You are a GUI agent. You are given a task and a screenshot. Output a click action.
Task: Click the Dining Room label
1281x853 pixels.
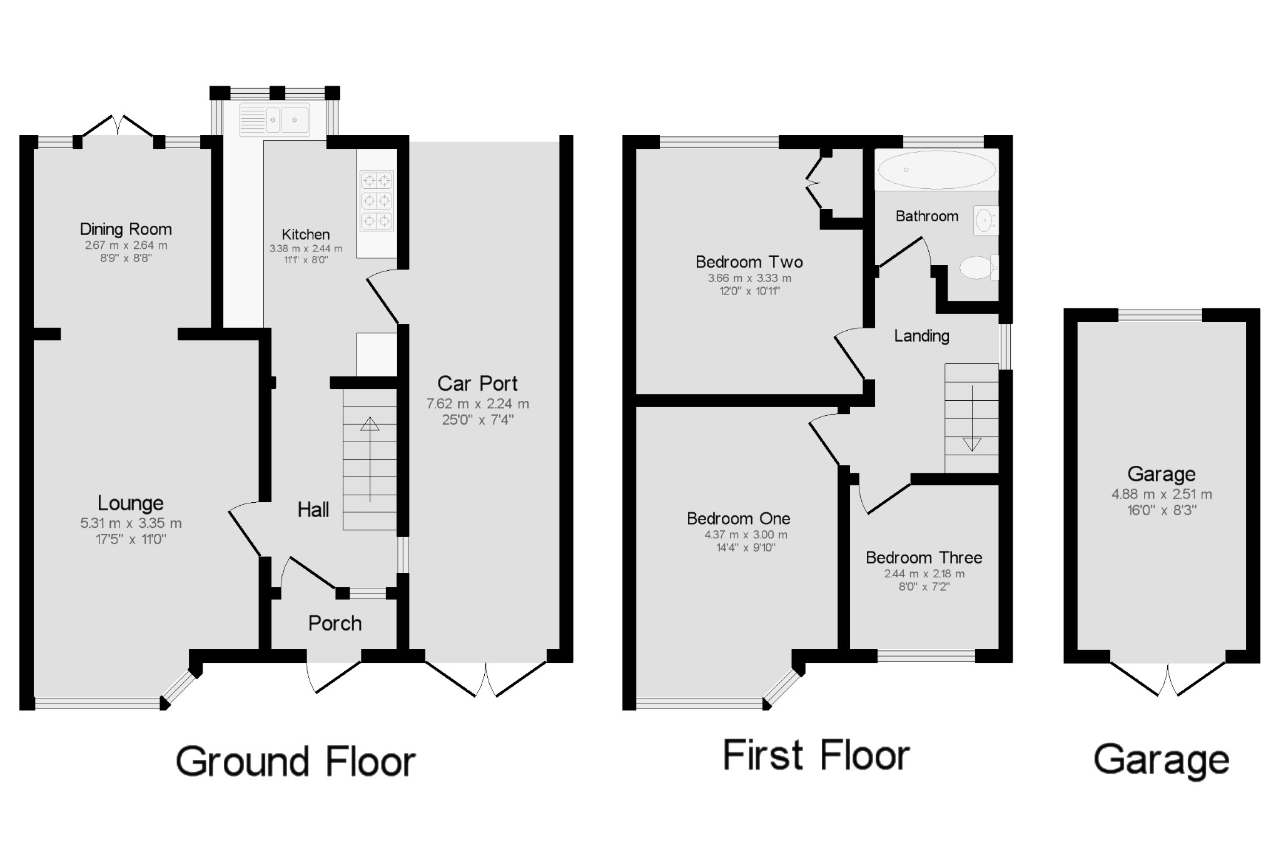coord(125,229)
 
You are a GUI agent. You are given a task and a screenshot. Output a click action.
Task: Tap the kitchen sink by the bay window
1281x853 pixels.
coord(275,119)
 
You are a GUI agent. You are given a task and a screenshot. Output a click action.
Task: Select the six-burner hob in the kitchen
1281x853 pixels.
coord(377,201)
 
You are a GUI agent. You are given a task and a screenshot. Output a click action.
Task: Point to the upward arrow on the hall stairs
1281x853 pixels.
coord(370,425)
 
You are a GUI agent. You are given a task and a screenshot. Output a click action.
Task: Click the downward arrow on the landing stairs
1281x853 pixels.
coord(972,444)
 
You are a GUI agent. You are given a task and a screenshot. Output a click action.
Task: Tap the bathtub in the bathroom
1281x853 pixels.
coord(936,169)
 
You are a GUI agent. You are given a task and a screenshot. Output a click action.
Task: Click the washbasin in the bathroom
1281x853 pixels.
coord(985,221)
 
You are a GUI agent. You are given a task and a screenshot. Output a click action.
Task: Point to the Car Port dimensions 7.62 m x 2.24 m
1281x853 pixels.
coord(478,404)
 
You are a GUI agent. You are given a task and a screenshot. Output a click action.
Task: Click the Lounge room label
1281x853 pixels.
coord(130,503)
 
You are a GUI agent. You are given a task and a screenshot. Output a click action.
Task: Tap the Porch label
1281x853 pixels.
coord(335,623)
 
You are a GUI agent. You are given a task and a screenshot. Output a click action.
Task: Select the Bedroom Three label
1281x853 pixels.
coord(924,558)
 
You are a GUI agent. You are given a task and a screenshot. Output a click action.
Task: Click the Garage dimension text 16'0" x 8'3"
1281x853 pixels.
coord(1162,510)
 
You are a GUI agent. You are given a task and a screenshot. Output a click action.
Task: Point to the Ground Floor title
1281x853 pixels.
coord(295,762)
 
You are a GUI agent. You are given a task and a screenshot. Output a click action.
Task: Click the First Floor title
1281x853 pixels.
coord(816,755)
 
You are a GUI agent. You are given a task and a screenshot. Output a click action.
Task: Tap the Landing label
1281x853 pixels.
coord(921,336)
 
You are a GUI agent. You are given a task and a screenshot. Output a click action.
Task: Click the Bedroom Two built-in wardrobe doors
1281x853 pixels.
coord(813,183)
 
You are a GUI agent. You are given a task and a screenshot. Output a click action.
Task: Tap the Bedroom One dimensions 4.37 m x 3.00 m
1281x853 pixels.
coord(746,535)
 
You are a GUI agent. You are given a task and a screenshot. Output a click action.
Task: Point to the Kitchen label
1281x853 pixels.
coord(305,235)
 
